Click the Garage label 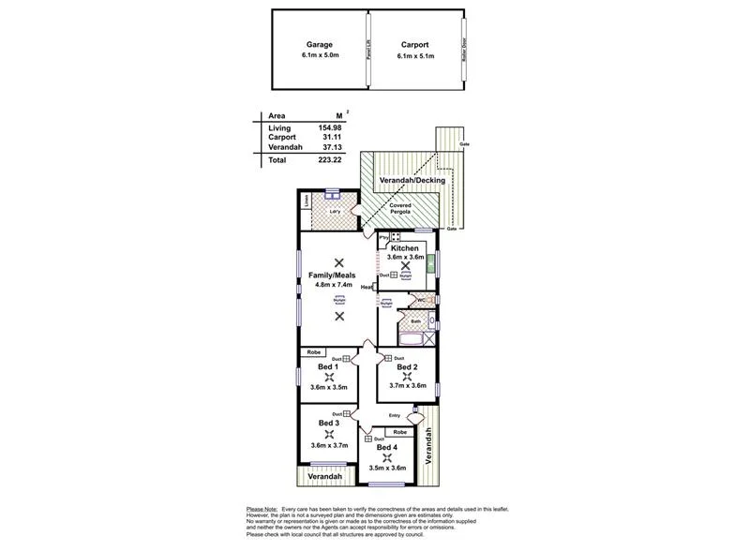coord(320,44)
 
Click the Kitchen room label coord(405,247)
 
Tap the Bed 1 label coord(327,366)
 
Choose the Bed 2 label coord(406,366)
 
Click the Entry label coord(394,416)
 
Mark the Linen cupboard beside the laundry coord(307,200)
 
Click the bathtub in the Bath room coord(410,336)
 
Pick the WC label coord(421,301)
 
